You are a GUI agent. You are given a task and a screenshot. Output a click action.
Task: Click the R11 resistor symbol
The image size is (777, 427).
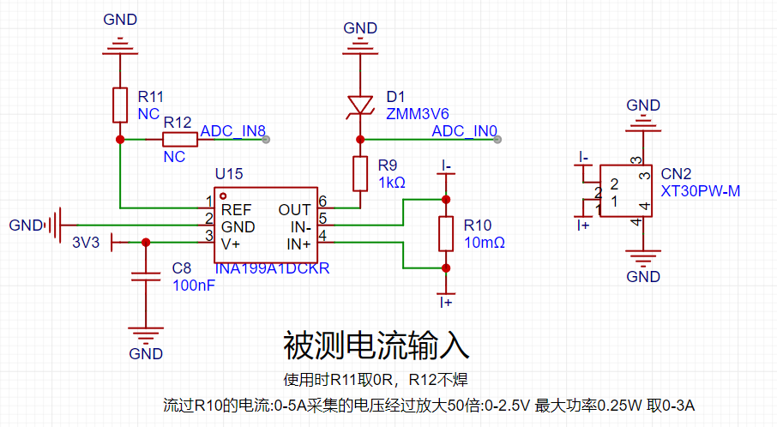(x=120, y=105)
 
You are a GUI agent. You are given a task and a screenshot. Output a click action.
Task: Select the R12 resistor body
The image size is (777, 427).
(x=180, y=140)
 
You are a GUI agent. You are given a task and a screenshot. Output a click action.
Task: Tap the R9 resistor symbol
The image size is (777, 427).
(x=360, y=174)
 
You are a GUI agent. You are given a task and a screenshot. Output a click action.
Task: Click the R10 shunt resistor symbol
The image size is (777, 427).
(x=446, y=234)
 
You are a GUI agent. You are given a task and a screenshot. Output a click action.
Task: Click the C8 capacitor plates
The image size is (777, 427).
(x=146, y=276)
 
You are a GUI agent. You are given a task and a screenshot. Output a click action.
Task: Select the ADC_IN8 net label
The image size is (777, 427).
(x=233, y=131)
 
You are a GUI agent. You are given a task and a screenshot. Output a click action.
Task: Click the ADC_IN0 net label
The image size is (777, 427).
(x=464, y=131)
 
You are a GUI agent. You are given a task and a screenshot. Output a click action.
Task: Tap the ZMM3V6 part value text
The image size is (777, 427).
(x=418, y=114)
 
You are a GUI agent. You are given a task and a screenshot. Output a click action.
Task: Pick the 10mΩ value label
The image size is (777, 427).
(x=485, y=243)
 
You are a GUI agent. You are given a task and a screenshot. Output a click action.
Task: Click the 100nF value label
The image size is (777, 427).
(x=194, y=286)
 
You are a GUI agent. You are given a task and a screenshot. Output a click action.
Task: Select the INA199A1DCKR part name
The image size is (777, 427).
(x=272, y=268)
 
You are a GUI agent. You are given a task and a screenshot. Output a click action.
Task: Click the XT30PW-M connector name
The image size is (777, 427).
(x=700, y=191)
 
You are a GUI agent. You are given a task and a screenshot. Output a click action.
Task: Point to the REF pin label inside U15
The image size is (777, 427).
(x=237, y=210)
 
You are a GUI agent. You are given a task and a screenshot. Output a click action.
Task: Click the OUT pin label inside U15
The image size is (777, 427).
(x=294, y=210)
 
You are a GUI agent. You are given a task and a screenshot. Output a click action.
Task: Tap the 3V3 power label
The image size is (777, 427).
(x=86, y=243)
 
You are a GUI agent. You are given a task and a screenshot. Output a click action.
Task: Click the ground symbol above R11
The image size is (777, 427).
(x=120, y=46)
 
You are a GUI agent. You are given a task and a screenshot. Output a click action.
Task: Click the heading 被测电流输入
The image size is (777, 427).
(x=376, y=346)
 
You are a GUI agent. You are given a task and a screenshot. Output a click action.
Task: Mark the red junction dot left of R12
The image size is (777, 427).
(x=120, y=140)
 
